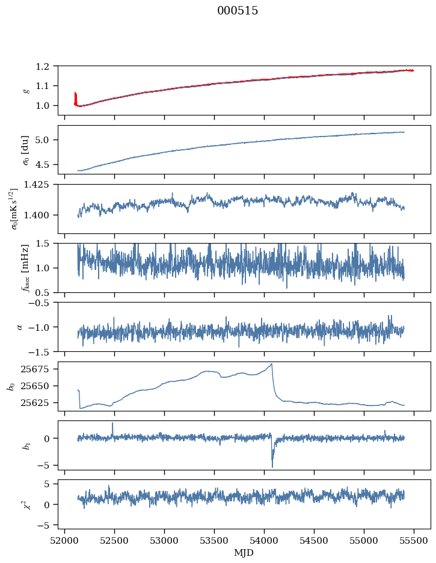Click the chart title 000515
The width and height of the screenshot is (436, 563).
[x=238, y=11]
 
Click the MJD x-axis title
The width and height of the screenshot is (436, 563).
[x=244, y=552]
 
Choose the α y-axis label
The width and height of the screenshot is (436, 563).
[x=20, y=327]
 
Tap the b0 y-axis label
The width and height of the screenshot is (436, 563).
[x=10, y=386]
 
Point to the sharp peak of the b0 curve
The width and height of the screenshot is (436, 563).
[x=272, y=364]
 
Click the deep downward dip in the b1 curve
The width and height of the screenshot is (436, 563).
[x=272, y=466]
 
